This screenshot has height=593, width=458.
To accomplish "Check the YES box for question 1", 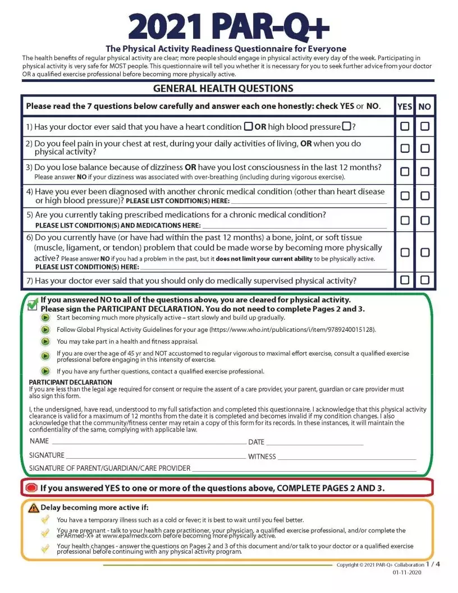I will pos(405,126).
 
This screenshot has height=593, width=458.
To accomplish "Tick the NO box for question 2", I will pos(425,148).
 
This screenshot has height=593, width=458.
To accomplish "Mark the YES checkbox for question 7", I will pos(405,280).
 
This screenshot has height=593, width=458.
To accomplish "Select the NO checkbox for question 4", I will pos(425,196).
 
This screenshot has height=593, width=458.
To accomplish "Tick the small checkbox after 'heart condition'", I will pos(248,126).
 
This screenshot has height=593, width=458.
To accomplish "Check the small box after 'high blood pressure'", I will pos(346,126).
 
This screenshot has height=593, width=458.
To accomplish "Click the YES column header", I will pos(405,106).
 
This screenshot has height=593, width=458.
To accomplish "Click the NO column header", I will pos(425,106).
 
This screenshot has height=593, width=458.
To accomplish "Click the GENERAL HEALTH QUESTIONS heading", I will pos(223,89).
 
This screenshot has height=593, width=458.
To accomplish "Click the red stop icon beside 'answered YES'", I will pos(31,488).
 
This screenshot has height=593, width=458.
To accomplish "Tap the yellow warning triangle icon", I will pos(34,508).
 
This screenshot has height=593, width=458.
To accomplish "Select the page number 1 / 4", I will pos(433,564).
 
